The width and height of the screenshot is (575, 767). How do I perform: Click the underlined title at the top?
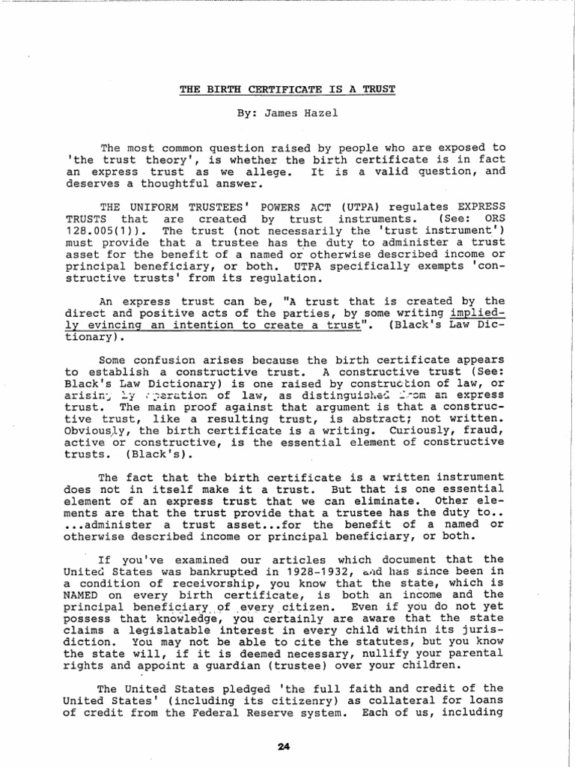point(287,89)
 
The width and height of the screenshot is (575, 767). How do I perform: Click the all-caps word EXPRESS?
point(477,207)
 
